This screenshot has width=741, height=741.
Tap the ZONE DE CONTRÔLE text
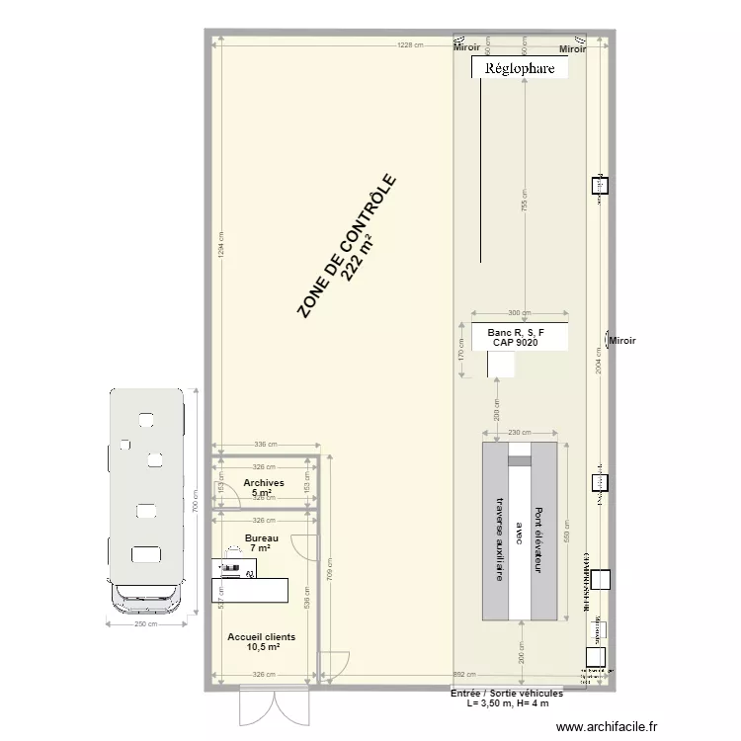coord(347,247)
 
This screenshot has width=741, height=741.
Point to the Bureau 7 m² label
coord(262,542)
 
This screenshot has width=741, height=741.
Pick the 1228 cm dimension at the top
coord(410,45)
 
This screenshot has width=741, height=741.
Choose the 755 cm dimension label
coord(526,206)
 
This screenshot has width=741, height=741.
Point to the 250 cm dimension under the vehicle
coord(147,624)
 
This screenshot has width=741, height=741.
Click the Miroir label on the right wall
coord(622,342)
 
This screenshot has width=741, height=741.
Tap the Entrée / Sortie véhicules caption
coord(507,694)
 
